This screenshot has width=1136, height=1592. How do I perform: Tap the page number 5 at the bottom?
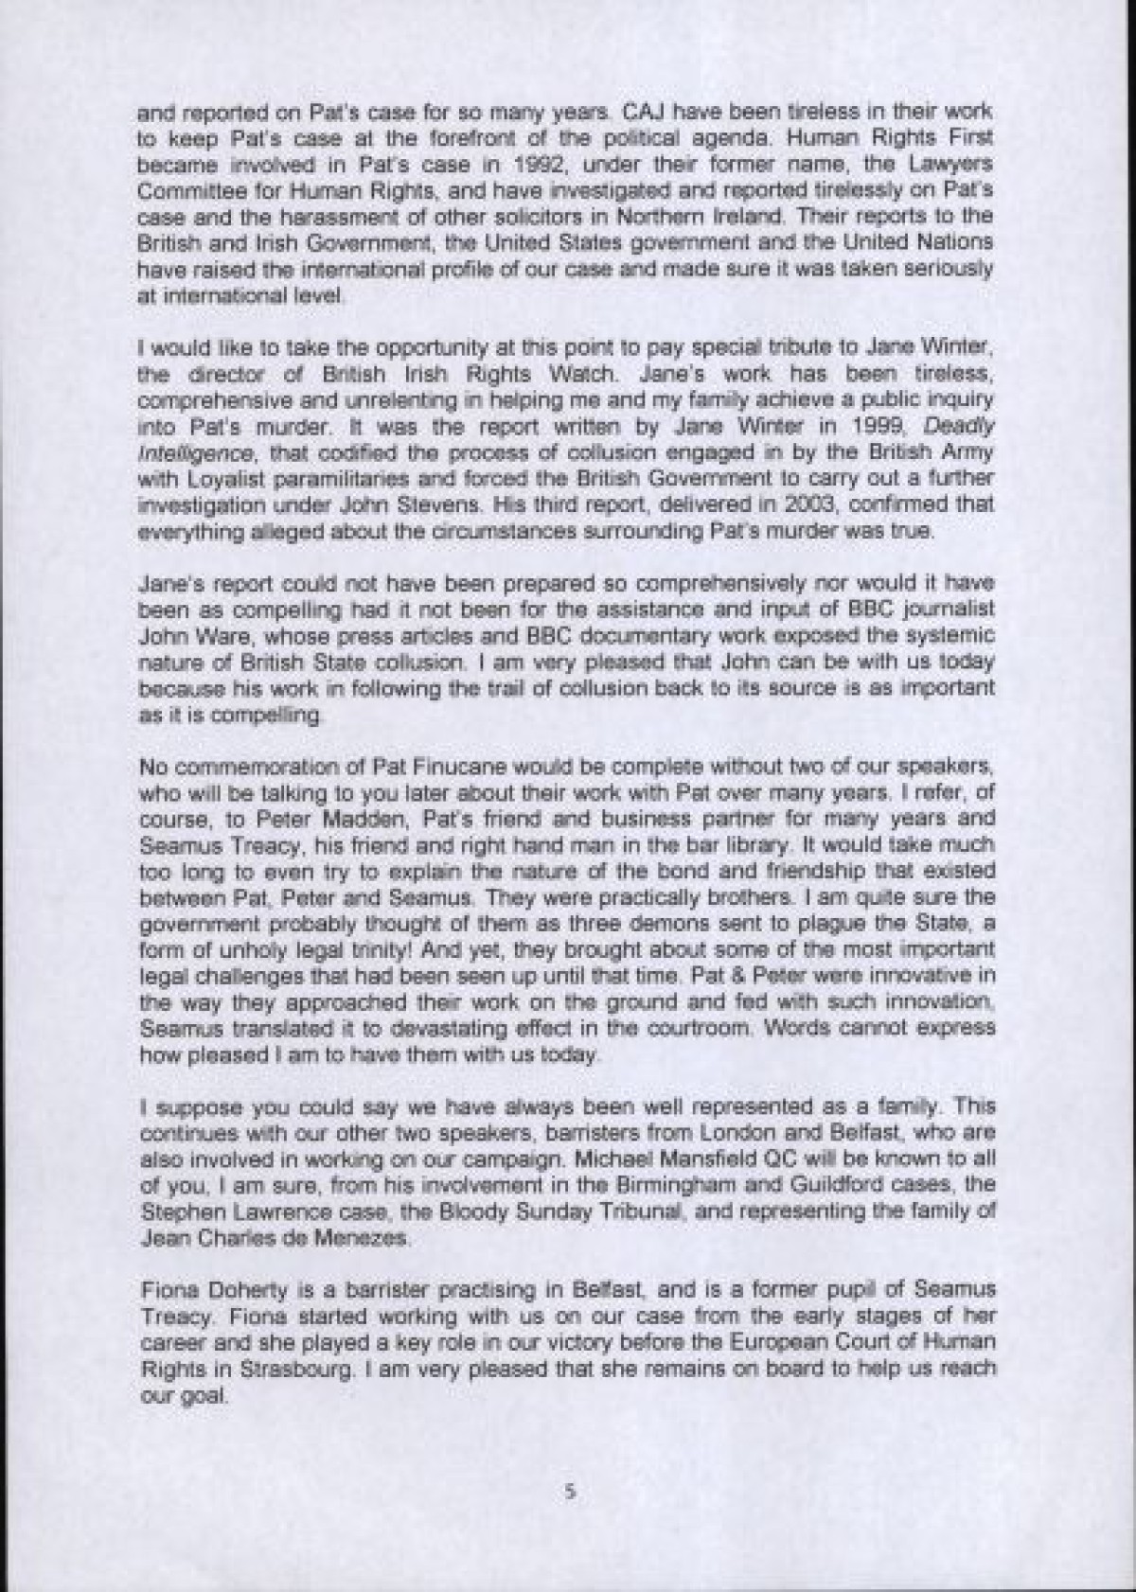point(569,1516)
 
